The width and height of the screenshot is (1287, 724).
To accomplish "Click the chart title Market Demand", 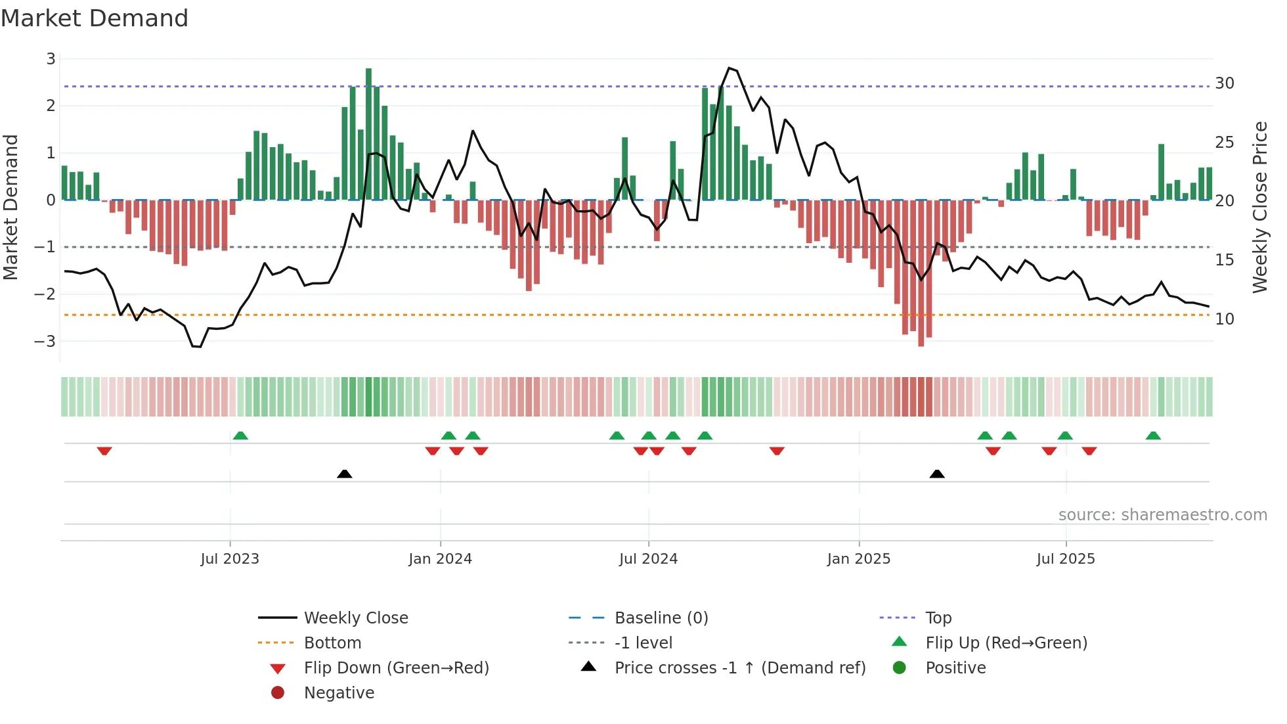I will (x=95, y=18).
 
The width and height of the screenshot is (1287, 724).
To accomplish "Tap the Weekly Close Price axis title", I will (x=1259, y=207).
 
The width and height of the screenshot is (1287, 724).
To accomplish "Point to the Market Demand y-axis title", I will (x=11, y=207).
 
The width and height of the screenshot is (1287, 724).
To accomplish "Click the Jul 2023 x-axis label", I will (x=230, y=559).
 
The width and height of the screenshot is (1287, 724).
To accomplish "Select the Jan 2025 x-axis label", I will (x=858, y=559).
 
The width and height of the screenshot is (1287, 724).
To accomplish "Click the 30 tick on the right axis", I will (x=1224, y=83).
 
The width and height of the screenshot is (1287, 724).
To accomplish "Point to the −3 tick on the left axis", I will (x=45, y=342).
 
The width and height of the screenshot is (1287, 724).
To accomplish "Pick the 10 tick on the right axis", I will (x=1224, y=319).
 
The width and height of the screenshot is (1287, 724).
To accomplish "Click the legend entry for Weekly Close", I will (x=355, y=618).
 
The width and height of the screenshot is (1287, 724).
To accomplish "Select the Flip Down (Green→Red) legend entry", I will (x=396, y=668).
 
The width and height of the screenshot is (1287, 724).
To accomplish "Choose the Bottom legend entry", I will (x=332, y=643).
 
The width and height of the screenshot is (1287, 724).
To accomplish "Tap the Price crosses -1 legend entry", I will (x=739, y=668).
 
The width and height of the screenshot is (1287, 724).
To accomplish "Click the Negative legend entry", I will (x=339, y=693).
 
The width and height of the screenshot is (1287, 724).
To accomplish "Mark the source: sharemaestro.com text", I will (x=1162, y=515).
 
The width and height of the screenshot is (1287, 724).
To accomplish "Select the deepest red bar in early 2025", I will (x=921, y=273).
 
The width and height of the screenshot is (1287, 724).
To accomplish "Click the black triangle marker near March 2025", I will (x=937, y=474).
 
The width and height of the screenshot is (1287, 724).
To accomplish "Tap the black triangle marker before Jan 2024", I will (x=344, y=474).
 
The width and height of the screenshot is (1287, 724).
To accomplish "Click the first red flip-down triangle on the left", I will (x=104, y=451).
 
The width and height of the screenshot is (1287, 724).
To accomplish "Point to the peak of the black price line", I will (x=729, y=68).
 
